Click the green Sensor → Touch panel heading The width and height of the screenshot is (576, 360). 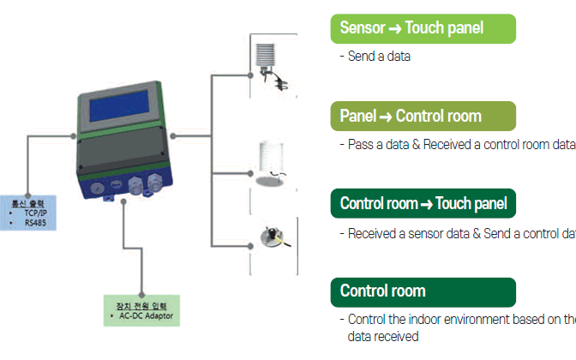click(423, 28)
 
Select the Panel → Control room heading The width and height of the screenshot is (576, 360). click(423, 116)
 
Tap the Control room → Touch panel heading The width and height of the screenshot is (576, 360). click(423, 204)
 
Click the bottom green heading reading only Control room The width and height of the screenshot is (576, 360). click(423, 291)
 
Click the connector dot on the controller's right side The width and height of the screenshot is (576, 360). click(171, 135)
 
